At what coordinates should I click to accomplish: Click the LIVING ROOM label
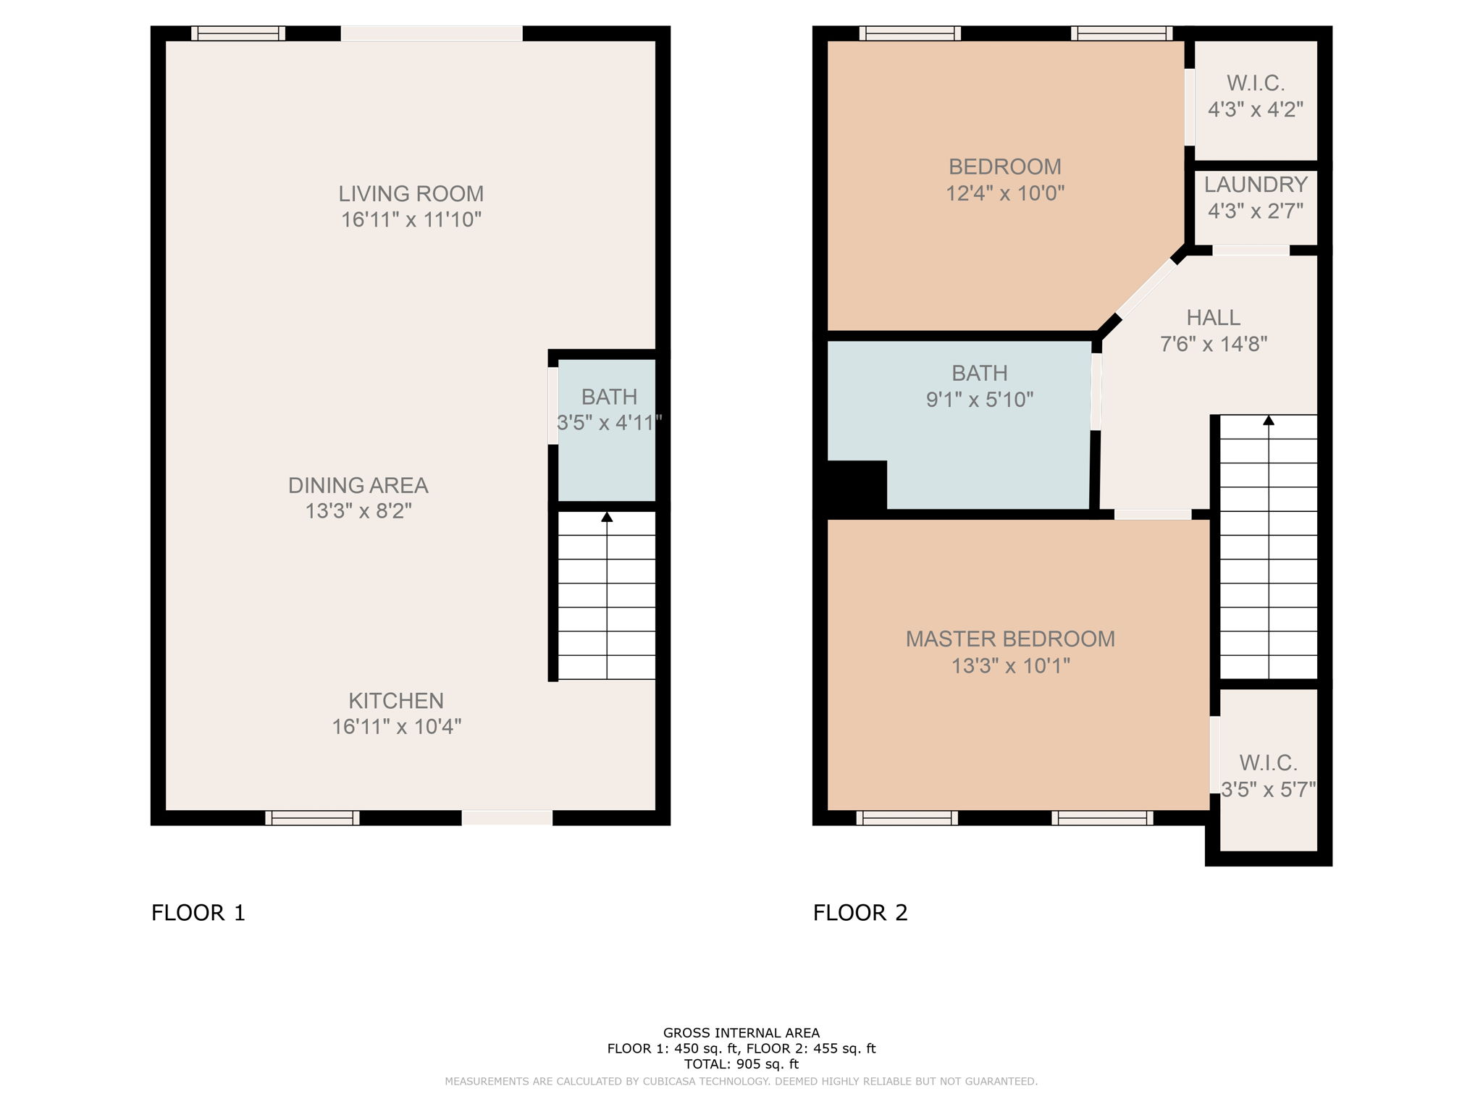tap(411, 193)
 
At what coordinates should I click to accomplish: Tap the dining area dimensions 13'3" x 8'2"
tap(358, 511)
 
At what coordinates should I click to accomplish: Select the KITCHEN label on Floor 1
tap(396, 700)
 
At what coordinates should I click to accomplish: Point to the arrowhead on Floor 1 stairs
tap(607, 517)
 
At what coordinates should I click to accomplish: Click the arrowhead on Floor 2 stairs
tap(1268, 420)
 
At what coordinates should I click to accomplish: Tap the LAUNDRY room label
tap(1256, 185)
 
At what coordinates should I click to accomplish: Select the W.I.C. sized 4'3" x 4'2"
tap(1256, 97)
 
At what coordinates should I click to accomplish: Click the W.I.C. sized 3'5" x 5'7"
tap(1268, 775)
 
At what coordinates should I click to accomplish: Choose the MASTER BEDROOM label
tap(1010, 639)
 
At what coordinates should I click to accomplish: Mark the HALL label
tap(1213, 317)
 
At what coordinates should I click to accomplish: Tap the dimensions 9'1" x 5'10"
tap(979, 400)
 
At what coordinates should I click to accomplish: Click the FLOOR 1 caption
tap(198, 913)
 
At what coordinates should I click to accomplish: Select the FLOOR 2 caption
tap(860, 913)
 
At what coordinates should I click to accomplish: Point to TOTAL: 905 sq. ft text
tap(741, 1064)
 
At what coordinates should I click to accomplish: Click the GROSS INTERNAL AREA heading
tap(741, 1033)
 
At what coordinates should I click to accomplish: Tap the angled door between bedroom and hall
tap(1146, 288)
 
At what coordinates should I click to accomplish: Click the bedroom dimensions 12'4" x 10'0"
tap(1005, 193)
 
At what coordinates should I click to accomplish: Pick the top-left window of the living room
tap(238, 33)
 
